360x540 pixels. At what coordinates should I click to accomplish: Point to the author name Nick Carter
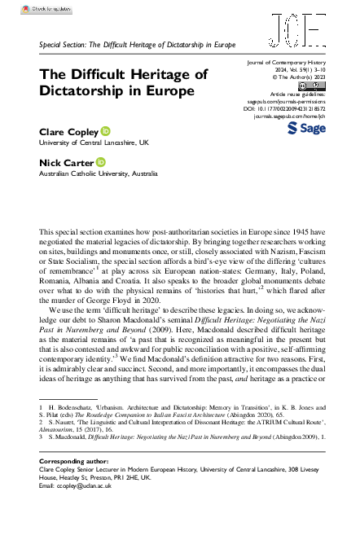coord(65,162)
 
